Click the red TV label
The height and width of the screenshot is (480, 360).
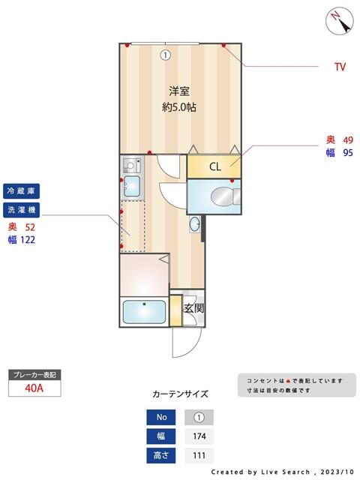[x=340, y=67]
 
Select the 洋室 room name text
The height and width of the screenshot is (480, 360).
[x=178, y=91]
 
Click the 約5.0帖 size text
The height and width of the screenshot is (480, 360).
[x=179, y=107]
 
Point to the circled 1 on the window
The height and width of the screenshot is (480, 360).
[x=164, y=54]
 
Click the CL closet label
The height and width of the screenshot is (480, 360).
[x=214, y=166]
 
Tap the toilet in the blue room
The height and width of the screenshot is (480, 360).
[x=223, y=197]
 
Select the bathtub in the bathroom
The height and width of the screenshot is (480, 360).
[x=145, y=311]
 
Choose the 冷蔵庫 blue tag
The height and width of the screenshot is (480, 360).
[x=22, y=190]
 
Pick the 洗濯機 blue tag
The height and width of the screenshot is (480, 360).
[x=22, y=209]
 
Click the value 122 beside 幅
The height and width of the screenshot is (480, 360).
[x=28, y=240]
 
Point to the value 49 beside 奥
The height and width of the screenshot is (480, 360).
[x=348, y=140]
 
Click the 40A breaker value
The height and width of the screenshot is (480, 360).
[x=34, y=388]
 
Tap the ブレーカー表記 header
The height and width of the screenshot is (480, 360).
[x=34, y=373]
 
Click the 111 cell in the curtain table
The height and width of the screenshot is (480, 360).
[x=199, y=456]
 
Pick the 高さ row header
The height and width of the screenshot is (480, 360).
[x=161, y=456]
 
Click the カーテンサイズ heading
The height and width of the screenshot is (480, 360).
[x=180, y=394]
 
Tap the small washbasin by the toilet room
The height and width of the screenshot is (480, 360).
[x=196, y=223]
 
